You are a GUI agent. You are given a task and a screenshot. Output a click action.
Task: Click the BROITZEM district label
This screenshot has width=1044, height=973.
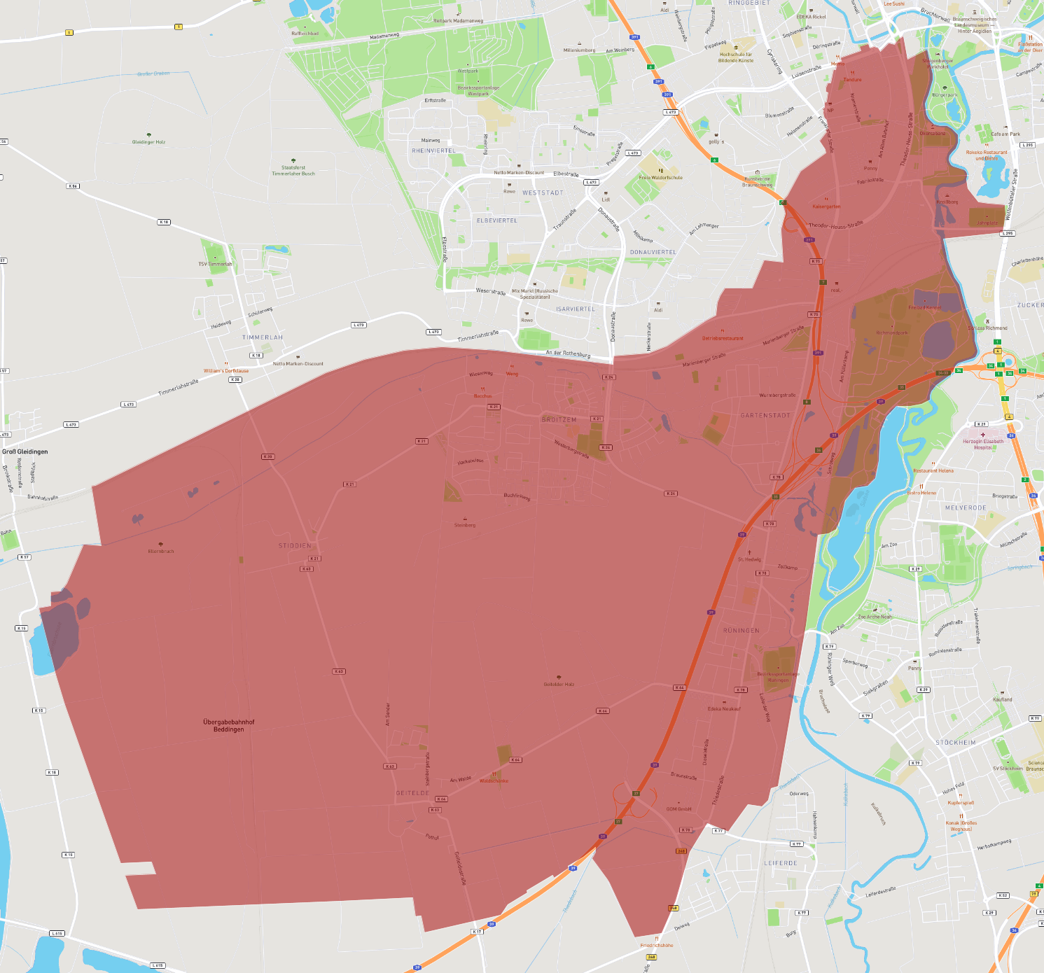coord(559,420)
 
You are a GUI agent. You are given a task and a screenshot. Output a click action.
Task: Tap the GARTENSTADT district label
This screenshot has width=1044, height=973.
coord(765,416)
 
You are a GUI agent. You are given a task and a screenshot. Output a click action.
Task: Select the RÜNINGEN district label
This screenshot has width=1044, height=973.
coord(741,631)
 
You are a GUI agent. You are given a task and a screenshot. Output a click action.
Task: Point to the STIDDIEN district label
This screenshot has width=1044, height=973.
coord(295,546)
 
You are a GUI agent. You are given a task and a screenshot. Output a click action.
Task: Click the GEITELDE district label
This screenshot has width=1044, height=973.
coord(412,793)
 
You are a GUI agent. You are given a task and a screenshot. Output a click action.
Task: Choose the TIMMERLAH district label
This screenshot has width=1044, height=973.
coord(263,337)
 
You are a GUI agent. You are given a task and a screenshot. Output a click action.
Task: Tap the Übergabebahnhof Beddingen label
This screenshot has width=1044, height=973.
coord(229,726)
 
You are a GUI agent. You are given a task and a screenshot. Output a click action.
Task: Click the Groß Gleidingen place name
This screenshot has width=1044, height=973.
coord(25,451)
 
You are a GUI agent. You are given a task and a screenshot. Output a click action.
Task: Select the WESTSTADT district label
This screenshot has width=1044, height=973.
coord(543,193)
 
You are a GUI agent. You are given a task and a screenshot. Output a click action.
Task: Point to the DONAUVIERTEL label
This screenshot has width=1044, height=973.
coord(653,252)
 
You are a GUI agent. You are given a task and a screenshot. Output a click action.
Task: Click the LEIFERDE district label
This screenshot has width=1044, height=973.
coord(780,863)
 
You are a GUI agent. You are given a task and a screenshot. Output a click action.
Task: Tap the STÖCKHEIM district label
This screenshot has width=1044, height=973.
coord(955,743)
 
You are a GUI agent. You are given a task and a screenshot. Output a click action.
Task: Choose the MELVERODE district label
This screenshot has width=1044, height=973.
coord(965,508)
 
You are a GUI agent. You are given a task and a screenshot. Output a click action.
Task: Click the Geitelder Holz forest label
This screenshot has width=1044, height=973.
coord(559,684)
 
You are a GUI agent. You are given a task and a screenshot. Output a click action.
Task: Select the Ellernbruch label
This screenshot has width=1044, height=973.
coord(161,551)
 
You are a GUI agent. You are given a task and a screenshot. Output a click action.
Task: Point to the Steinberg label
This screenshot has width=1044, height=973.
coord(465,525)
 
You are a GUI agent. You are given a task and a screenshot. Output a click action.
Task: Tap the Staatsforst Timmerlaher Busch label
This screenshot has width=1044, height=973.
coord(293,170)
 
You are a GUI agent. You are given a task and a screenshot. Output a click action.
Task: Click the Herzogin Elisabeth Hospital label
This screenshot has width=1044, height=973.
coord(982,444)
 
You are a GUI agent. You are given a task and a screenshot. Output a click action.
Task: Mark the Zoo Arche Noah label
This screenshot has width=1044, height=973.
coord(875,617)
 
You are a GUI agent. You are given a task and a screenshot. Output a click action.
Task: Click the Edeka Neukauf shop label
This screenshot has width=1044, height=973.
coord(723,708)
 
